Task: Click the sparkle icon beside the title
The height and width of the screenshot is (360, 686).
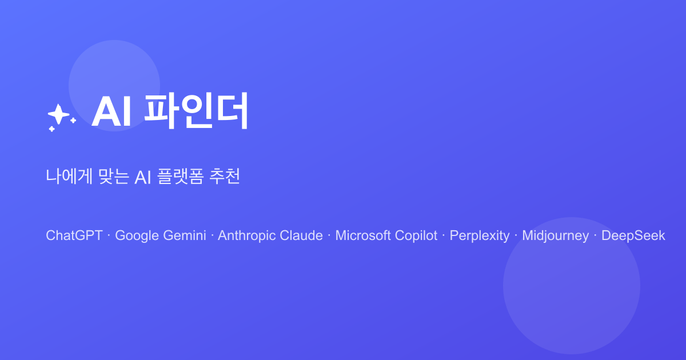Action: tap(60, 117)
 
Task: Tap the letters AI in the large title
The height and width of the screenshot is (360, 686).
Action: tap(112, 112)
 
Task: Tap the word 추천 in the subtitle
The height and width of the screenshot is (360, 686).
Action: tap(225, 177)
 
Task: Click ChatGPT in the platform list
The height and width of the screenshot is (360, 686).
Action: tap(74, 235)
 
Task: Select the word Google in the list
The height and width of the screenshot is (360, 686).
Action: tap(135, 235)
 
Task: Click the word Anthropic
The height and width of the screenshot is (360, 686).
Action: tap(247, 235)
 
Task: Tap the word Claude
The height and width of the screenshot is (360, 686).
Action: tap(301, 235)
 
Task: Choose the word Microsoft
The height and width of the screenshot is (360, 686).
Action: tap(362, 235)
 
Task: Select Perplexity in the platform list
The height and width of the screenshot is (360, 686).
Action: tap(480, 235)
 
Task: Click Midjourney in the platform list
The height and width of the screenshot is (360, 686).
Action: tap(555, 235)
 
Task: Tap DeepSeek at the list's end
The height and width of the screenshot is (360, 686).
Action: tap(633, 235)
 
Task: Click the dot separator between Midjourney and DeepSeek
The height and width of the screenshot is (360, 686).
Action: tap(595, 235)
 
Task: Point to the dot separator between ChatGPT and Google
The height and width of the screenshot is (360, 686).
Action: tap(109, 235)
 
